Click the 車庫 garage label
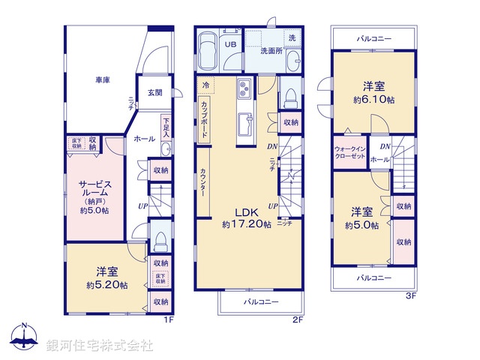(x=103, y=79)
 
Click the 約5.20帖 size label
(x=106, y=285)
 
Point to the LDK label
(x=246, y=212)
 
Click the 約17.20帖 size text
(x=246, y=224)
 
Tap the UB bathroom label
(x=231, y=45)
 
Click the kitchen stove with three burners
(x=247, y=91)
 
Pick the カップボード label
(x=205, y=117)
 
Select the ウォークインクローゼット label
(x=349, y=153)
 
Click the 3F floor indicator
(x=410, y=295)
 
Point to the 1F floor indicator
(x=169, y=319)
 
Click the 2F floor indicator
(x=298, y=319)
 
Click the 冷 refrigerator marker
(x=204, y=85)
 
